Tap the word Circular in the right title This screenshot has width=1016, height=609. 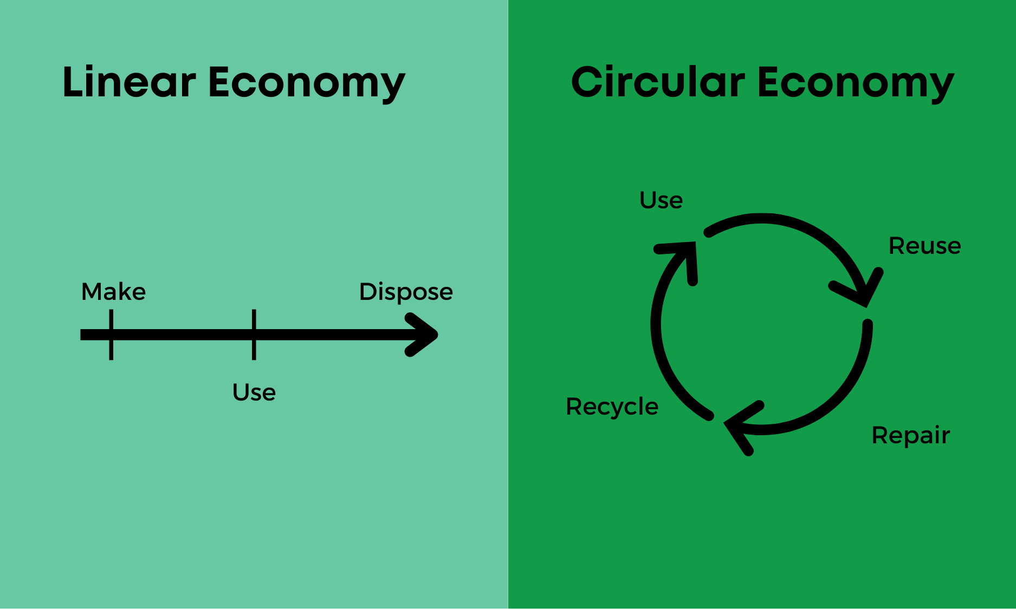[658, 82]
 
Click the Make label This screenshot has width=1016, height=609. [113, 292]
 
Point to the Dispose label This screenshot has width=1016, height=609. [406, 292]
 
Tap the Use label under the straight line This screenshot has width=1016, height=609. [254, 392]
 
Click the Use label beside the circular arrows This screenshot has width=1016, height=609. [661, 200]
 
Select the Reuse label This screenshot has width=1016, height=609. [924, 246]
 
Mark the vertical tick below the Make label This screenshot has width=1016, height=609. [111, 335]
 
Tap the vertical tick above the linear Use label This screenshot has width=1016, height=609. [254, 335]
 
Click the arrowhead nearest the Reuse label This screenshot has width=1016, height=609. [862, 290]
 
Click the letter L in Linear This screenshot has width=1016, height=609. [73, 82]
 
